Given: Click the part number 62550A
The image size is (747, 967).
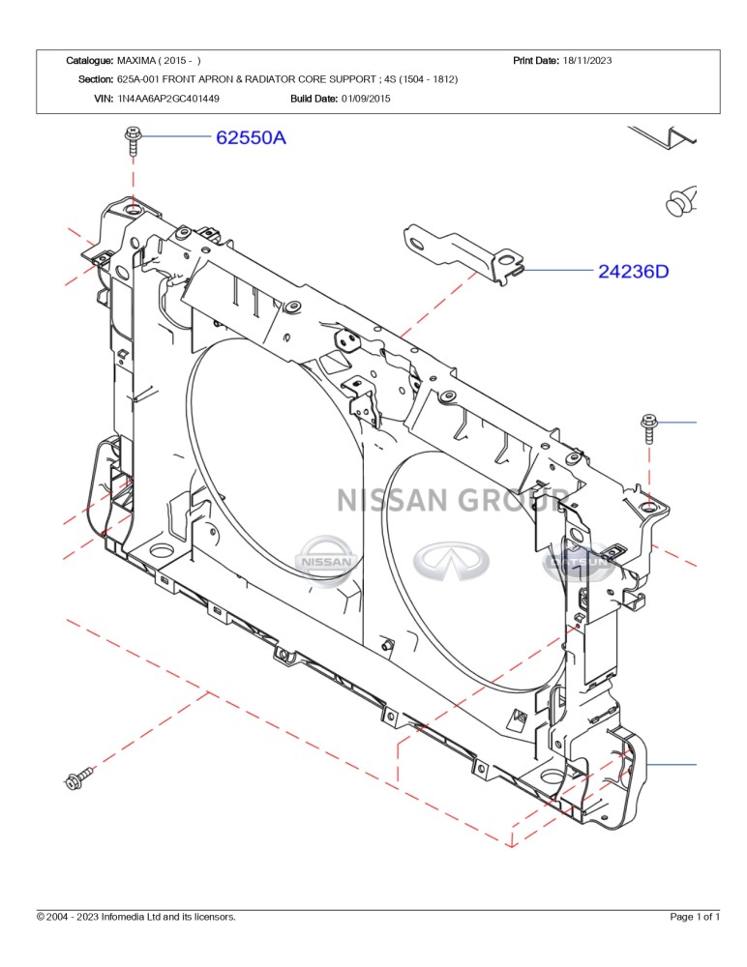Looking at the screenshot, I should tap(251, 138).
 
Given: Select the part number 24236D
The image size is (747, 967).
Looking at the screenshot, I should tap(633, 272).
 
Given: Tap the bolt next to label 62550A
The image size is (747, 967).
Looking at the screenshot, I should tap(133, 144).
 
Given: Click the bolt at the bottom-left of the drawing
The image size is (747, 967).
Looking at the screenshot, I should tap(78, 778).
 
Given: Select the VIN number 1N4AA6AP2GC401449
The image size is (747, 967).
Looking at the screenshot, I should tap(168, 98).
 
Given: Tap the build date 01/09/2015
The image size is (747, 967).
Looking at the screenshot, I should tap(366, 98).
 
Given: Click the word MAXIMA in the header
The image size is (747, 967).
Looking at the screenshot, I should tap(137, 61).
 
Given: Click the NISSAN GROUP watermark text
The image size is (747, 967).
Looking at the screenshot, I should tap(453, 500).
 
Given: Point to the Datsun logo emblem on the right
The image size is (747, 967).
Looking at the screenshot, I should tap(578, 561).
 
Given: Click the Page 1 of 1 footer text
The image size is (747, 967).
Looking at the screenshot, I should tap(695, 917).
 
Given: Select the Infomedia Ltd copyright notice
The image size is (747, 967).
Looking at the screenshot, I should tap(136, 917).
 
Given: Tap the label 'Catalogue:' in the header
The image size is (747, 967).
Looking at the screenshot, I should tap(90, 61).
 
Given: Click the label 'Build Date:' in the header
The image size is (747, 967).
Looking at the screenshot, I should tap(314, 98).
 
